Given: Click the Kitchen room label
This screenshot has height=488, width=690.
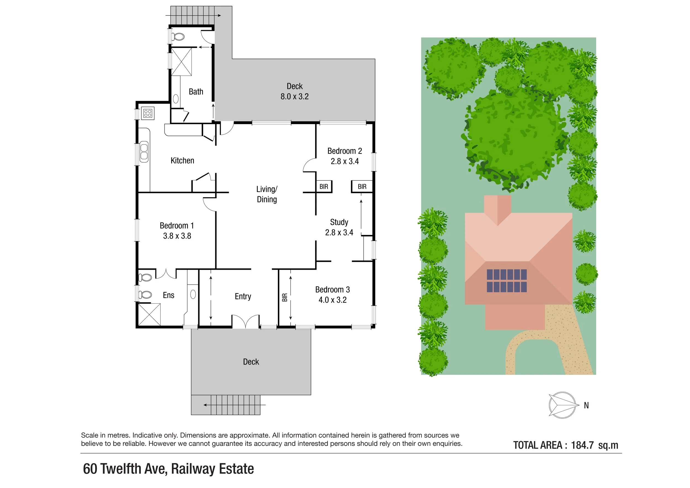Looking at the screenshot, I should pyautogui.click(x=182, y=160).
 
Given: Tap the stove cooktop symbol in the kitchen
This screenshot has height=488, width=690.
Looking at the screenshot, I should pyautogui.click(x=148, y=113).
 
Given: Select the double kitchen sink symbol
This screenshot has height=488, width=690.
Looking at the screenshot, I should pyautogui.click(x=144, y=152).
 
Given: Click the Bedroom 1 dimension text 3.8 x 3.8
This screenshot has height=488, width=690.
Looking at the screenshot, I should pyautogui.click(x=177, y=236).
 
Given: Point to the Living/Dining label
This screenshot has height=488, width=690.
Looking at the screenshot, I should pyautogui.click(x=267, y=194).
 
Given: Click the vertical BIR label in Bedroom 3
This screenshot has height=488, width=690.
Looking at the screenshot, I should pyautogui.click(x=285, y=298).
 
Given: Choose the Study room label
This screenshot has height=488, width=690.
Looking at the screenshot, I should pyautogui.click(x=339, y=222).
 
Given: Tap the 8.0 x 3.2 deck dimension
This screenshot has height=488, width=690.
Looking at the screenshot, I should pyautogui.click(x=294, y=96).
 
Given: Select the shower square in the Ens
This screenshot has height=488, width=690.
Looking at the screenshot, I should pyautogui.click(x=149, y=314).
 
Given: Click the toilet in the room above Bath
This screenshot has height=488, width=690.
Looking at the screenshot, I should pyautogui.click(x=178, y=37).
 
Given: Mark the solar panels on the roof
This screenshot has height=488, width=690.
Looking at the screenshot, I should pyautogui.click(x=507, y=281).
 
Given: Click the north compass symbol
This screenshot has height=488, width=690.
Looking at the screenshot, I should pyautogui.click(x=562, y=405).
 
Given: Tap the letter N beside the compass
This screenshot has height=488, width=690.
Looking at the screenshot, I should pyautogui.click(x=586, y=405).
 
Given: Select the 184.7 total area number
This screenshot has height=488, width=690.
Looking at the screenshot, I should pyautogui.click(x=582, y=445).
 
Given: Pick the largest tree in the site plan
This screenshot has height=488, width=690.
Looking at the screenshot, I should pyautogui.click(x=514, y=140).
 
